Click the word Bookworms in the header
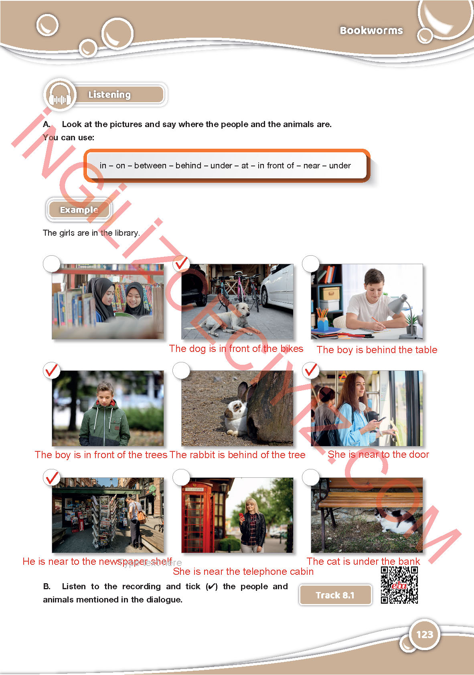371,30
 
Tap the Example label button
79,209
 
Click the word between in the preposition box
150,166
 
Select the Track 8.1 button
335,595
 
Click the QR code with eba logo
399,585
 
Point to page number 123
425,635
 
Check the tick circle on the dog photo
181,263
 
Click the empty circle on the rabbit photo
181,370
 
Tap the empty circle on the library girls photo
52,264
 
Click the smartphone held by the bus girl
381,419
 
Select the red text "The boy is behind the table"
377,350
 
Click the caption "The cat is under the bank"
363,561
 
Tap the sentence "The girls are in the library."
91,233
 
